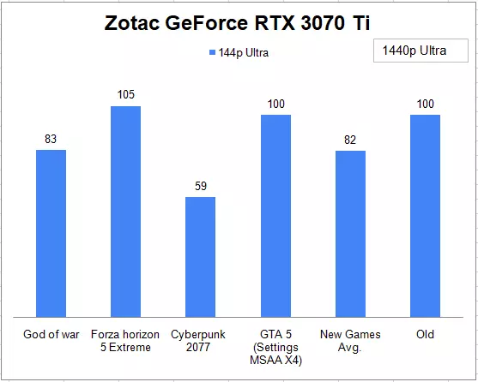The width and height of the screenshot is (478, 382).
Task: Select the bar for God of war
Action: (51, 232)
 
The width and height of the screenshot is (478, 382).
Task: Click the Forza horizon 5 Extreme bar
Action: (125, 211)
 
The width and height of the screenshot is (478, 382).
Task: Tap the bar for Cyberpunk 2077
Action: (200, 256)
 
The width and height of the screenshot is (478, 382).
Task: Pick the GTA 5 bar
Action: (275, 215)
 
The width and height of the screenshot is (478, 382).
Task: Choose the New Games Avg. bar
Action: (350, 233)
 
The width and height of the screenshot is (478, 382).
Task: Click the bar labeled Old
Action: (425, 215)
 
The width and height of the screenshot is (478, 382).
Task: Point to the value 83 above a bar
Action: (51, 139)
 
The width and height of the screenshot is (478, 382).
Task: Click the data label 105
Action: (125, 95)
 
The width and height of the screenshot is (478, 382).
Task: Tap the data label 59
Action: (200, 185)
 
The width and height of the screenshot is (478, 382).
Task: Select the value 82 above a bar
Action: (350, 140)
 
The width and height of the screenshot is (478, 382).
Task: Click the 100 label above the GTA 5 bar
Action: (275, 104)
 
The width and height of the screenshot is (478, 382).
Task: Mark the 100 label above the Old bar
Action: (425, 104)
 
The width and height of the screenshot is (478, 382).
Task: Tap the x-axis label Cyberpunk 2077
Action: (200, 341)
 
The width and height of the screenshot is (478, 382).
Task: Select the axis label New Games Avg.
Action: (350, 341)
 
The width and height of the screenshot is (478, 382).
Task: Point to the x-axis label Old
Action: (425, 335)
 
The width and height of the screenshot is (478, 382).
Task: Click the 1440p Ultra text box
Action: (421, 51)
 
